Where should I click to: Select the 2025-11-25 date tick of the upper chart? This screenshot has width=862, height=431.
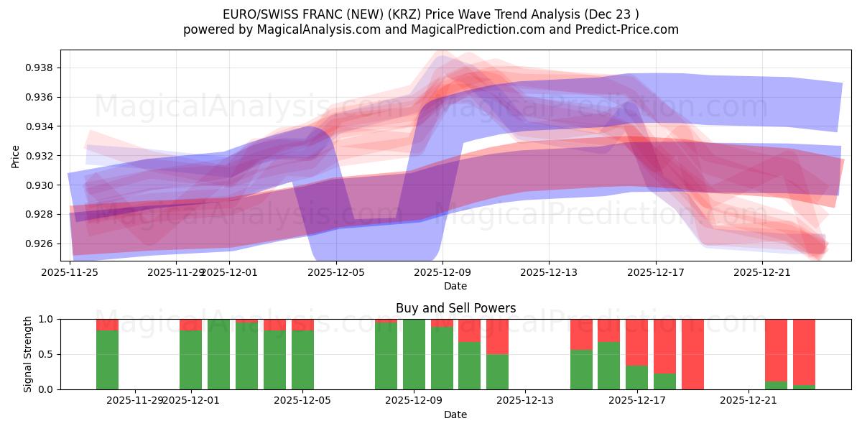point(70,272)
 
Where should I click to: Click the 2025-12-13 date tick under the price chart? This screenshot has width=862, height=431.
point(549,272)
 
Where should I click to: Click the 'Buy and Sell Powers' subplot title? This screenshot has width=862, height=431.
point(455,308)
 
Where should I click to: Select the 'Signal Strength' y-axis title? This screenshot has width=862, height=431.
point(28,354)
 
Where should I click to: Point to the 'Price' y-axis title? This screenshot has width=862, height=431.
point(16,156)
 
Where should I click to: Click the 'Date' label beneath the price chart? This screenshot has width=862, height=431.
point(455,286)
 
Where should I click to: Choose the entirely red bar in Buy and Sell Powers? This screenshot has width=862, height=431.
point(692,354)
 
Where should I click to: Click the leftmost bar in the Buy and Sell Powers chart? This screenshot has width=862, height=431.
point(107,354)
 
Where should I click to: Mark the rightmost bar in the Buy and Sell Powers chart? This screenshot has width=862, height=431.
point(804,354)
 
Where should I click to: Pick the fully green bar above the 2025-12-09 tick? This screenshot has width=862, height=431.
point(414,354)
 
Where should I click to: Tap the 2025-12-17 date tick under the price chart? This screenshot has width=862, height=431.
point(655,272)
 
